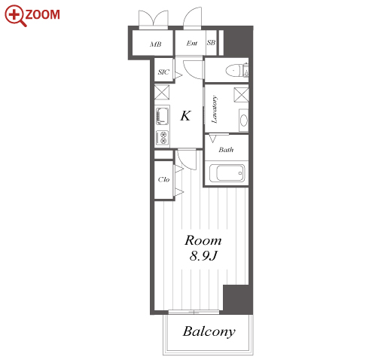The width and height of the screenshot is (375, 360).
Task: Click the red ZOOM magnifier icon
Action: [15, 15]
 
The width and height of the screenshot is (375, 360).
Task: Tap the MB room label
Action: [156, 44]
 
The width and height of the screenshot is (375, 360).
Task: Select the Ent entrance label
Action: [192, 43]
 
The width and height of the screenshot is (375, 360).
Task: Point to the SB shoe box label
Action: [211, 43]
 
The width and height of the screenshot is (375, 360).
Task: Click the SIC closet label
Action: [163, 72]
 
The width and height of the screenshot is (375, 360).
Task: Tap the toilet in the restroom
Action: [236, 70]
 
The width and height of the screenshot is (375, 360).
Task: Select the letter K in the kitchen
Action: [185, 116]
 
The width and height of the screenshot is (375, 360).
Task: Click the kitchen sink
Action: [162, 117]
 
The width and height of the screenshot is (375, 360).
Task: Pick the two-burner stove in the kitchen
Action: [162, 138]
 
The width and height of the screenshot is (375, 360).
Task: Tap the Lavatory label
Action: [214, 110]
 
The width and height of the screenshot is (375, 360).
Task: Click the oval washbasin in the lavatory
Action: [244, 120]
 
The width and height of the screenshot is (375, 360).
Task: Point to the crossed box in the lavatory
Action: [241, 95]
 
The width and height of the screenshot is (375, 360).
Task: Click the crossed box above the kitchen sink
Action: [162, 93]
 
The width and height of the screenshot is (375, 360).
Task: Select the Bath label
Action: [226, 150]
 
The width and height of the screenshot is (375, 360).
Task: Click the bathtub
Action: [227, 173]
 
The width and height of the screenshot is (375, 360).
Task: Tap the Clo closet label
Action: [163, 179]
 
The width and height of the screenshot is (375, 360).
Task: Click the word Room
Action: [203, 240]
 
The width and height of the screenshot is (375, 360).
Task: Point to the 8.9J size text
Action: [203, 256]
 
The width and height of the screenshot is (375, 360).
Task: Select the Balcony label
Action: [209, 331]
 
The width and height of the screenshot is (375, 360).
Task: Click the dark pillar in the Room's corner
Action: [238, 299]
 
